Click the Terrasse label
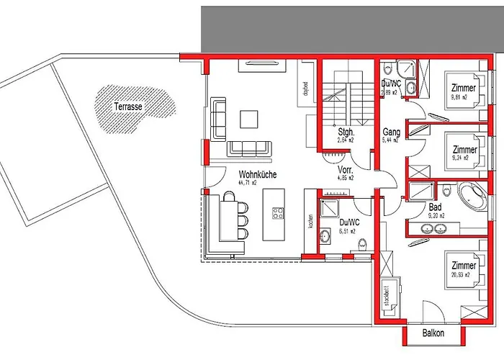pos(127,106)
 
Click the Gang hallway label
pos(392,132)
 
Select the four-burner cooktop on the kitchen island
pos(278,213)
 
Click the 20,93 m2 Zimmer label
pos(461,266)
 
